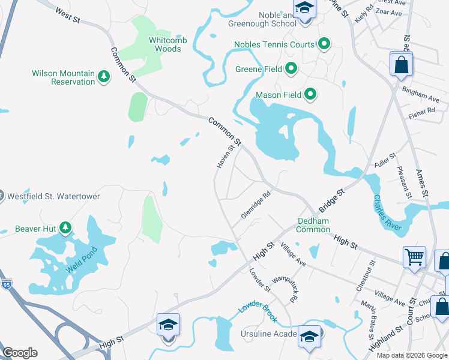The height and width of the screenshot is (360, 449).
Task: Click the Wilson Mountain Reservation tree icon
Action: click(x=104, y=77)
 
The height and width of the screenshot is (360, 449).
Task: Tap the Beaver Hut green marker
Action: click(x=65, y=228)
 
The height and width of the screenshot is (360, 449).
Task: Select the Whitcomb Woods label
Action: click(x=165, y=44)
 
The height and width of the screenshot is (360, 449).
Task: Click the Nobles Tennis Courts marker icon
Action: click(x=324, y=44)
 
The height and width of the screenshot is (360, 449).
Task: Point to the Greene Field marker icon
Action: click(x=292, y=68)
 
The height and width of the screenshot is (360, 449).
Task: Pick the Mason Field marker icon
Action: click(x=310, y=94)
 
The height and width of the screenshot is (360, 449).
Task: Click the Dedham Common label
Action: click(x=313, y=225)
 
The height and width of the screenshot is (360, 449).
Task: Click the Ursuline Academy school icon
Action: click(x=310, y=336)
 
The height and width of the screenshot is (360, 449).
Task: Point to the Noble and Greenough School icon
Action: click(x=304, y=8)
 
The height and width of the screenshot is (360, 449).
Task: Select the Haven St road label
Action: click(x=223, y=156)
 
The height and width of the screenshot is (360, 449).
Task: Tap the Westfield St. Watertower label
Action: click(x=53, y=196)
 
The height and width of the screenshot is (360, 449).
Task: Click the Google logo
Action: click(x=20, y=353)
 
